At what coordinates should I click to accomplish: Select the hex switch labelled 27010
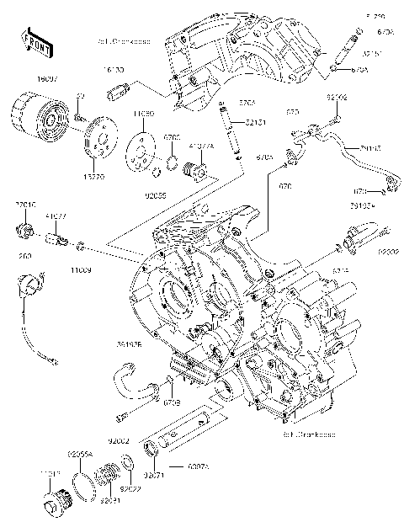25,227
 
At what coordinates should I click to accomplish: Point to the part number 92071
154,473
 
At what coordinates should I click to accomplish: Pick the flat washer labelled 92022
128,463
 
